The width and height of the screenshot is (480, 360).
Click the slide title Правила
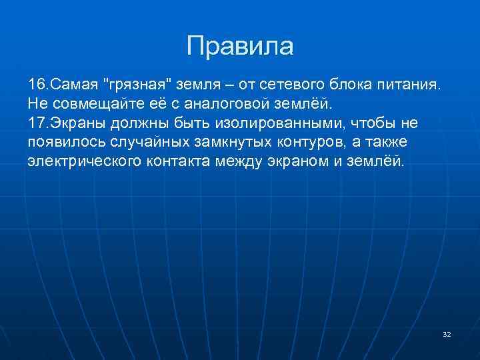click(x=240, y=46)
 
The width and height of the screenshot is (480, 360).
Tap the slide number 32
click(x=447, y=334)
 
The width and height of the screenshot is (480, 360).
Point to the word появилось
click(x=65, y=143)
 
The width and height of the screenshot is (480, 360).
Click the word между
click(x=243, y=163)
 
